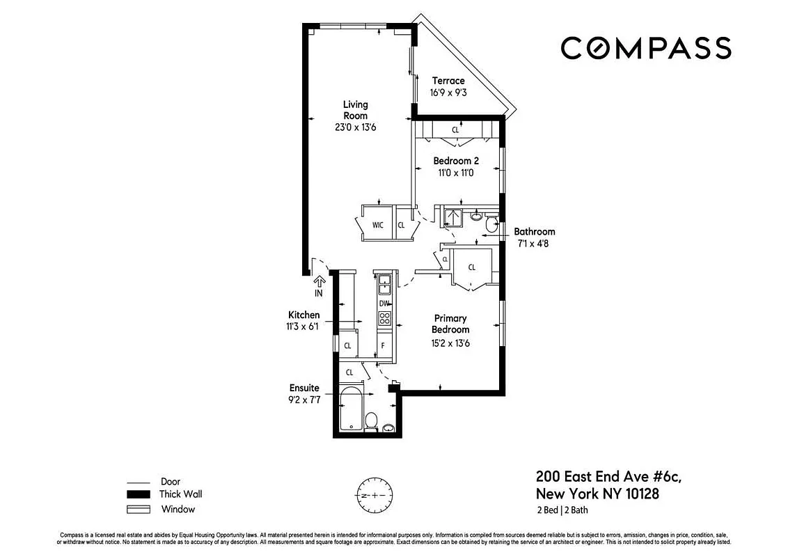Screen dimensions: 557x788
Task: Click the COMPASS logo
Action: pos(645,48)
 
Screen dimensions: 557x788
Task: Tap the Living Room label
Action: pos(355,110)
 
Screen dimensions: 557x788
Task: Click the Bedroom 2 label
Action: pos(456,161)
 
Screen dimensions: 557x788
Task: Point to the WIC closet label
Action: pos(378,225)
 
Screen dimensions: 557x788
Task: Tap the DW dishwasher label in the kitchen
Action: pos(384,304)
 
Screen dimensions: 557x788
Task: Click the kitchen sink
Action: pos(384,284)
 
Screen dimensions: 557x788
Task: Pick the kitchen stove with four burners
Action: pos(384,319)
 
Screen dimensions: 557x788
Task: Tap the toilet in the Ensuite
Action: pos(372,421)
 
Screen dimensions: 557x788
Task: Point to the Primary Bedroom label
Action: pos(450,324)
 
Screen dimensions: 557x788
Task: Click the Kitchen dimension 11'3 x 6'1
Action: pos(304,327)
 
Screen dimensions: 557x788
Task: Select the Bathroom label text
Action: pos(534,232)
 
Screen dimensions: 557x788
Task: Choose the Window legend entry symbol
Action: pos(138,509)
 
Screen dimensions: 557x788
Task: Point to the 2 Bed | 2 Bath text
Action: pos(565,511)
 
